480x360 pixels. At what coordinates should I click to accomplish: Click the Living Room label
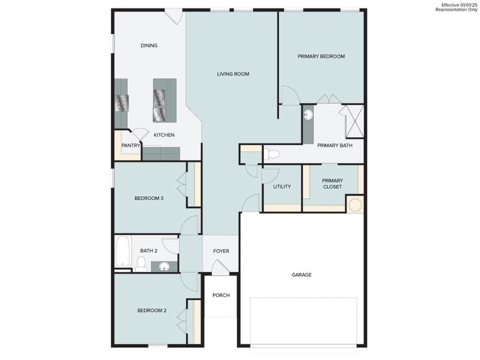(x=233, y=74)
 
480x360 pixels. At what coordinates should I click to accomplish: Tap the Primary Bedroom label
(x=321, y=56)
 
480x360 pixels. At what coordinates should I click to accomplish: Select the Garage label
(x=301, y=275)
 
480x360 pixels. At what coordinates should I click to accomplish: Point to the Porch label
(x=221, y=295)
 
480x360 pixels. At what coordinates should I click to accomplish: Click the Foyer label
(x=221, y=251)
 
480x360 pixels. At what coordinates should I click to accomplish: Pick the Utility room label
(x=282, y=187)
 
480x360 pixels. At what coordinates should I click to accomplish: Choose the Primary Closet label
(x=332, y=184)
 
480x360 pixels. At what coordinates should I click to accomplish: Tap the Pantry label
(x=131, y=145)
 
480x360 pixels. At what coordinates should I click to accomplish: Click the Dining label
(x=149, y=46)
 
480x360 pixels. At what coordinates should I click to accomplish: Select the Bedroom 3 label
(x=149, y=198)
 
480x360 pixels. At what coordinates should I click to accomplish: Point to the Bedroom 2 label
(x=151, y=310)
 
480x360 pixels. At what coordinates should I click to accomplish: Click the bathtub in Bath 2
(x=123, y=252)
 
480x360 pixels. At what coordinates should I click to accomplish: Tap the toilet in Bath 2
(x=142, y=263)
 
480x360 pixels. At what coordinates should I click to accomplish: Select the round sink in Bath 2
(x=164, y=266)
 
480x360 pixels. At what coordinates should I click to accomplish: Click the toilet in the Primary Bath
(x=272, y=155)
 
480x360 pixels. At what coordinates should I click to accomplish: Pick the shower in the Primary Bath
(x=352, y=121)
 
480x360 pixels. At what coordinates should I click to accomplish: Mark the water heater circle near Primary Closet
(x=355, y=205)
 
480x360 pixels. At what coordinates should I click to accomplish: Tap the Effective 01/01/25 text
(x=459, y=5)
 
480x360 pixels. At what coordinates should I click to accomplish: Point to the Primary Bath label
(x=335, y=145)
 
